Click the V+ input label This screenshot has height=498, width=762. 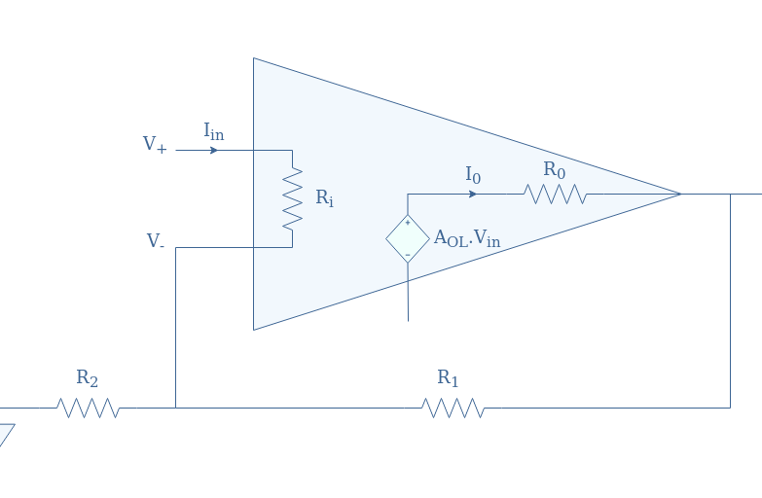[155, 145]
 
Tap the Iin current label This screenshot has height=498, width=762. [213, 130]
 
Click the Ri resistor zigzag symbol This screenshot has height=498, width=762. [292, 198]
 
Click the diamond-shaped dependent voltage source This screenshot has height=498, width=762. [408, 239]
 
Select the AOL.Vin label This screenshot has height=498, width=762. [467, 239]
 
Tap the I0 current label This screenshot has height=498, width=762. [473, 175]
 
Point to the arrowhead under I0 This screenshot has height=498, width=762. [473, 194]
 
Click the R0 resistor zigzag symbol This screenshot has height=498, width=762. [556, 195]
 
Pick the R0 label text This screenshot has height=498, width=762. [555, 170]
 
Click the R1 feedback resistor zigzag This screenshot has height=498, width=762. [453, 408]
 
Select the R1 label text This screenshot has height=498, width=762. [448, 377]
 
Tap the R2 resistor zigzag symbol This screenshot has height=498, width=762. [89, 408]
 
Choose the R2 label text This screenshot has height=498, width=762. [88, 377]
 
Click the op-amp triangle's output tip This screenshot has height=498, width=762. [679, 194]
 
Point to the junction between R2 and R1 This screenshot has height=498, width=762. [175, 408]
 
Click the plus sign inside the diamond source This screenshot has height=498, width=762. [408, 223]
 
